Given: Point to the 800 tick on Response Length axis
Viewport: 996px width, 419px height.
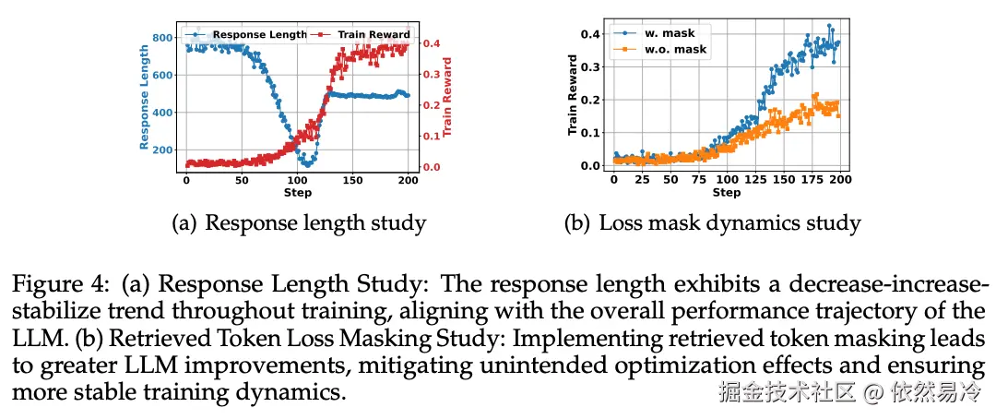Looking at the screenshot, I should pos(162,38).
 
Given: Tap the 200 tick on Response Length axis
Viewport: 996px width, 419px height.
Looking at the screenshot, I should pos(162,150).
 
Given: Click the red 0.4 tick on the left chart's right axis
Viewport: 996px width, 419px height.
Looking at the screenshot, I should pos(430,43).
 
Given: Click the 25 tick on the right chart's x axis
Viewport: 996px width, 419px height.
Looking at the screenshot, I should pos(642,181).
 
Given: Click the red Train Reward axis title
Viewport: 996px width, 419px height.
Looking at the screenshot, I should pos(448,100).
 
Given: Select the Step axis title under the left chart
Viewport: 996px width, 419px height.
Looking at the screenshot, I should pos(298,193).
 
